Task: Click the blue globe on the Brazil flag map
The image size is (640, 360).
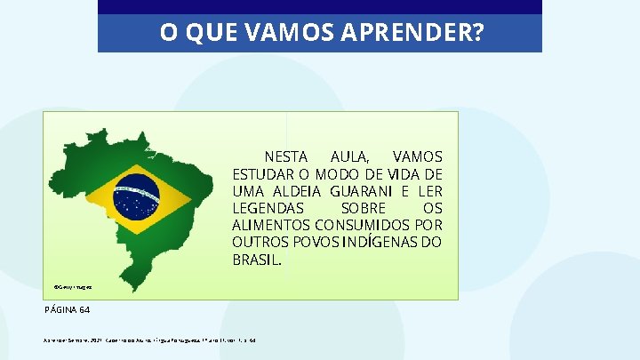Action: pos(136,196)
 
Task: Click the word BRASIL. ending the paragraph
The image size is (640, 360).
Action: pos(258,260)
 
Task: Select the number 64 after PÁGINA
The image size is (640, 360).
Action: pos(84,310)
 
